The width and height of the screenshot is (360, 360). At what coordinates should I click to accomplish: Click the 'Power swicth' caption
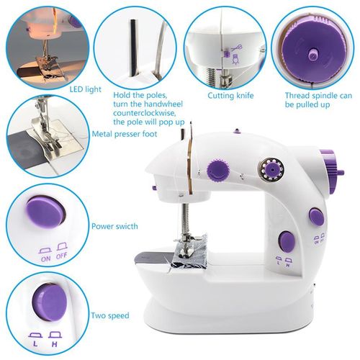click(116, 225)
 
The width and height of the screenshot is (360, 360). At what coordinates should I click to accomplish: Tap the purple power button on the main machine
click(315, 214)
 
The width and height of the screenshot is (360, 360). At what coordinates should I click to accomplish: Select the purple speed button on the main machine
click(286, 240)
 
